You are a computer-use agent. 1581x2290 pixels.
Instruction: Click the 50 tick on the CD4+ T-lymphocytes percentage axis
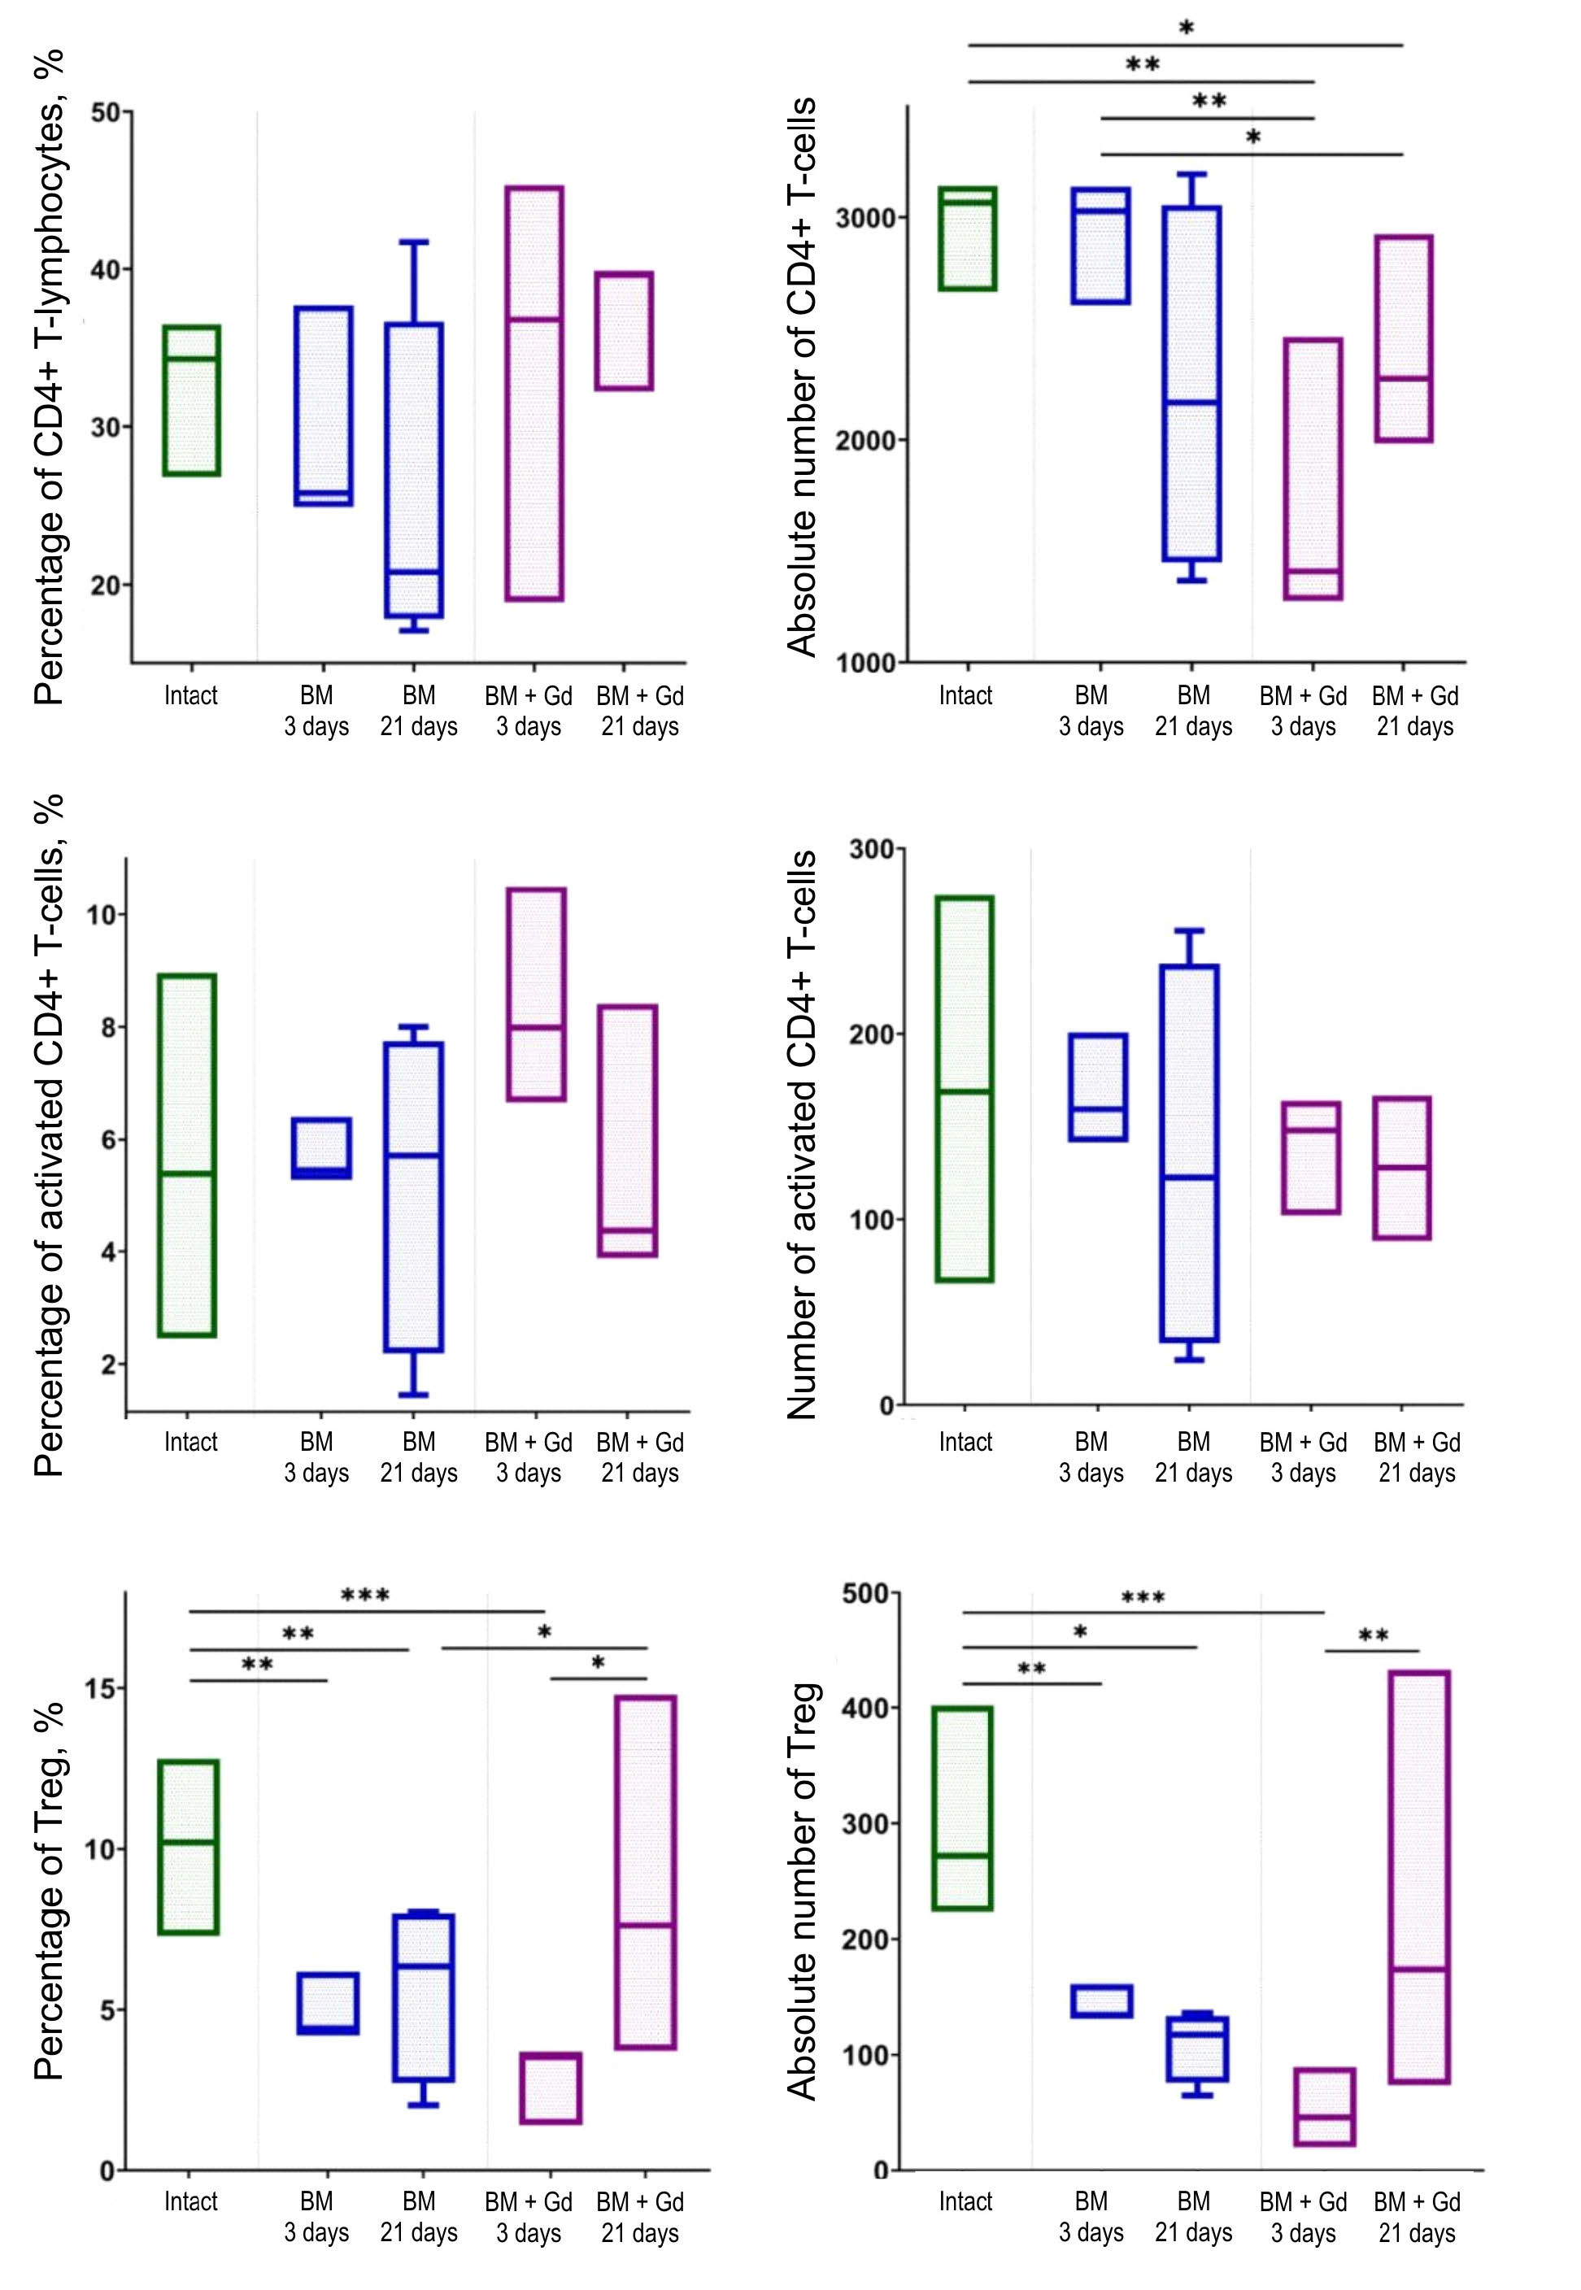[105, 112]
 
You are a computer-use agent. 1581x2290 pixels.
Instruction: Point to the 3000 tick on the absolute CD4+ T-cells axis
[864, 218]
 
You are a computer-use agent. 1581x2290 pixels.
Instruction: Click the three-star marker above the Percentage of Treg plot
[364, 1596]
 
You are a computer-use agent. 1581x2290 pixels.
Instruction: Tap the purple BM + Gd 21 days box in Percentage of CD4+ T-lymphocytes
[623, 331]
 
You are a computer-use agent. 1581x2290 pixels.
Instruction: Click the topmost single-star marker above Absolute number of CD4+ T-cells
[1186, 28]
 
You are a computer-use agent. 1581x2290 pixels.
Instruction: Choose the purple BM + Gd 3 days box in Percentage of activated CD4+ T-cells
[536, 994]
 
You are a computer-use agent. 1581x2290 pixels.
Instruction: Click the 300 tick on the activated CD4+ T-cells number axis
[871, 849]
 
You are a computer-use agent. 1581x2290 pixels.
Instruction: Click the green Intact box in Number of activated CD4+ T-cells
[965, 1089]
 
